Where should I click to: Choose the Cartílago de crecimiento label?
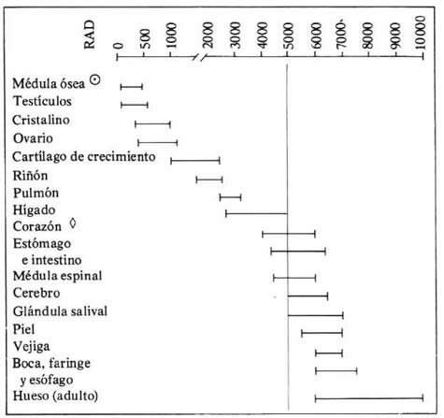(x=83, y=157)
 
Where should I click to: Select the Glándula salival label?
(x=61, y=311)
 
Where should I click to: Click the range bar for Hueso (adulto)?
(x=369, y=397)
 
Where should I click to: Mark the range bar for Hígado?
(x=257, y=214)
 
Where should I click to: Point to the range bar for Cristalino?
(x=152, y=123)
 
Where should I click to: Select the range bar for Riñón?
(x=209, y=179)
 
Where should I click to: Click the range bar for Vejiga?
(x=329, y=353)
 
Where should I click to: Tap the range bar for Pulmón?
(x=230, y=196)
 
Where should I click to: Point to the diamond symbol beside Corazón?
(x=73, y=224)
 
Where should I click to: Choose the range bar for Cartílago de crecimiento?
(x=194, y=160)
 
